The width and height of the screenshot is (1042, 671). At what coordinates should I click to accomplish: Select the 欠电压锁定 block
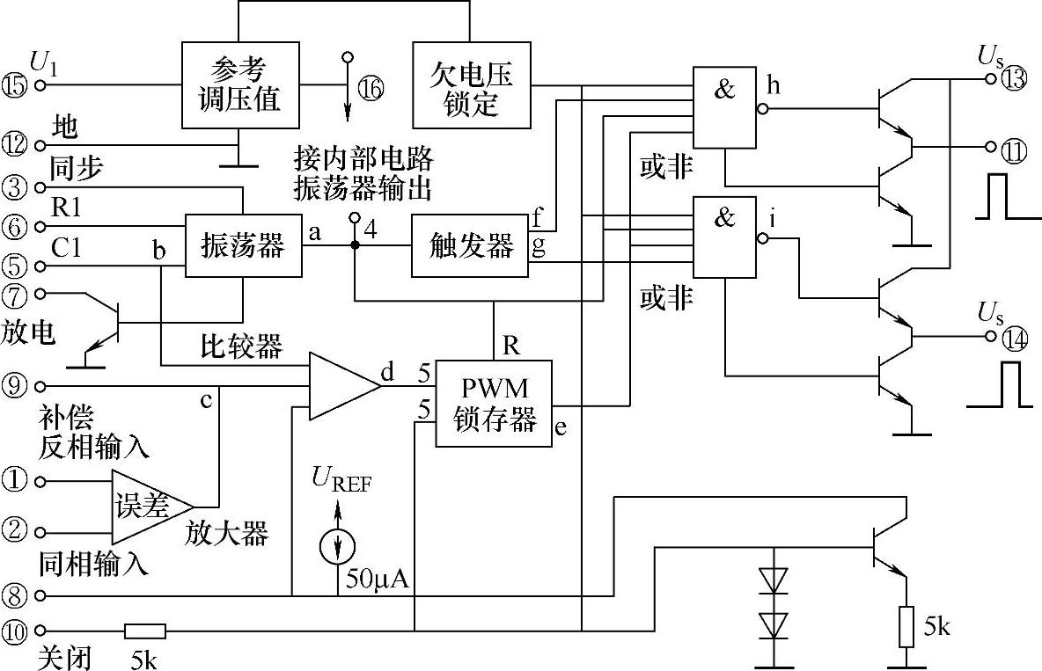click(472, 85)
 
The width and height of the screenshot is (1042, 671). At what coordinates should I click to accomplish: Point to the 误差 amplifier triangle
click(145, 507)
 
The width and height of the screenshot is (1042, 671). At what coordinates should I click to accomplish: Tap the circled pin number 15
click(15, 85)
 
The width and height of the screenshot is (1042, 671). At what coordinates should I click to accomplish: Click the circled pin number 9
click(15, 385)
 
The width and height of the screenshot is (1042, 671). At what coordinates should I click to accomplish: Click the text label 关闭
click(65, 656)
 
